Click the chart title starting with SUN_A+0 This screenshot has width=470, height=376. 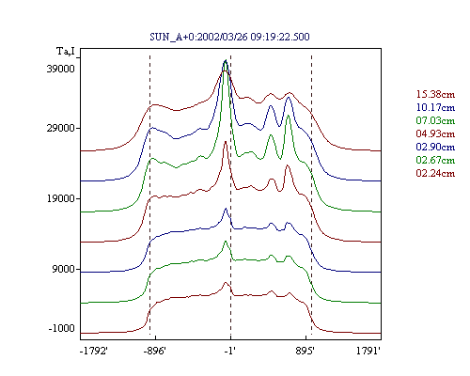(229, 37)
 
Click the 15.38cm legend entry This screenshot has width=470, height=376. (435, 94)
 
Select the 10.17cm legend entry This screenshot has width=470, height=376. (435, 107)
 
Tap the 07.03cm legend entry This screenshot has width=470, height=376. (435, 120)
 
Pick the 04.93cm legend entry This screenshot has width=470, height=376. (435, 133)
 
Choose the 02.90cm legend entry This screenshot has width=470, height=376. (435, 147)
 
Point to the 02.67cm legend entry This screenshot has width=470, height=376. (435, 160)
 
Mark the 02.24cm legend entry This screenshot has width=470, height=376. (435, 173)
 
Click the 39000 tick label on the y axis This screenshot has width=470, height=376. (61, 69)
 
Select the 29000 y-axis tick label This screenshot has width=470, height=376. (61, 128)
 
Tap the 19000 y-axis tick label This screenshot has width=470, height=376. (61, 198)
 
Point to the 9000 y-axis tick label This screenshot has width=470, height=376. (64, 269)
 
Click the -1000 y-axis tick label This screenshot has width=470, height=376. (62, 328)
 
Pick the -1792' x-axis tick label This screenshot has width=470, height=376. (94, 351)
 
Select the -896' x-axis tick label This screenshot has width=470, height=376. (154, 351)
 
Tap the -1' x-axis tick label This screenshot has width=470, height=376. (230, 351)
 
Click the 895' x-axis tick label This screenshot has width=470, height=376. (305, 351)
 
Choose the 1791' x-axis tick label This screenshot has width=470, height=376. (368, 351)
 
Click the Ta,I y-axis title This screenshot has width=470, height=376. (66, 51)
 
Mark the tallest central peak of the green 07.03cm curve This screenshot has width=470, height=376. (226, 61)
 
